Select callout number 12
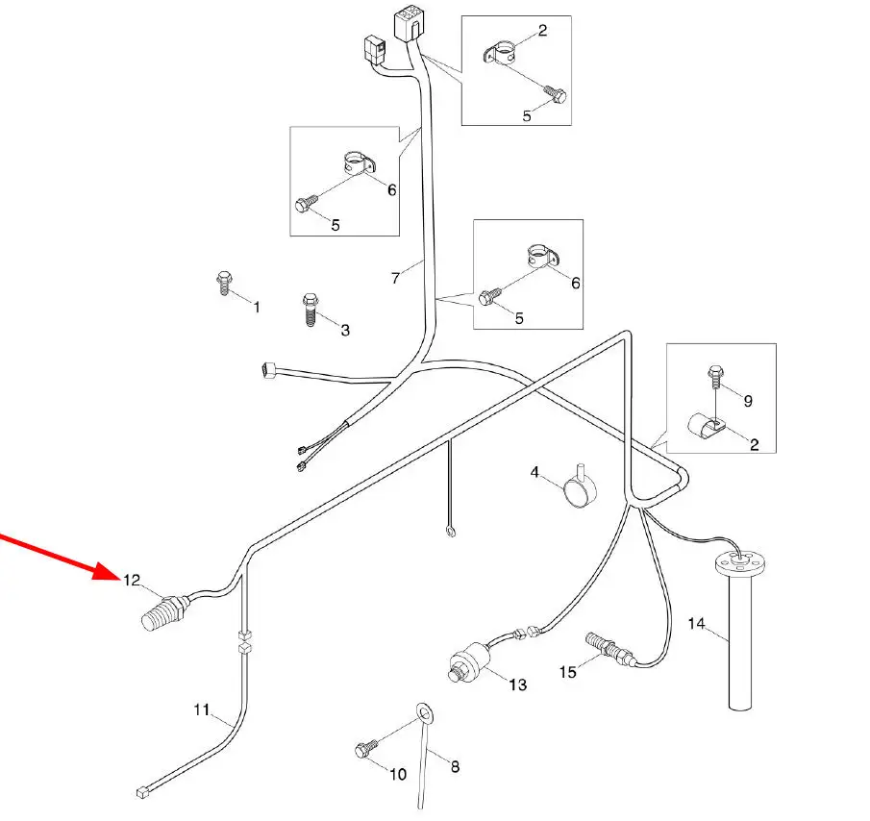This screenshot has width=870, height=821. (132, 580)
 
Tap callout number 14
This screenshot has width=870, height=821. (697, 624)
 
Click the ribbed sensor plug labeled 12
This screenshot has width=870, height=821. (161, 614)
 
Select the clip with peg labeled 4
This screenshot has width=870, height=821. (579, 491)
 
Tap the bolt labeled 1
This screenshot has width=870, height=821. (223, 283)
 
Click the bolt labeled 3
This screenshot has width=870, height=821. (310, 310)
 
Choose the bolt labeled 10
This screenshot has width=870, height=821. (367, 748)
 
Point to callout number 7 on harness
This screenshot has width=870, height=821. (395, 279)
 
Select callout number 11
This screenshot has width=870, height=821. (202, 710)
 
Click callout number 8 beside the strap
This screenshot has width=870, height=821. (455, 766)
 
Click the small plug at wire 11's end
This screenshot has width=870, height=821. (142, 792)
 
